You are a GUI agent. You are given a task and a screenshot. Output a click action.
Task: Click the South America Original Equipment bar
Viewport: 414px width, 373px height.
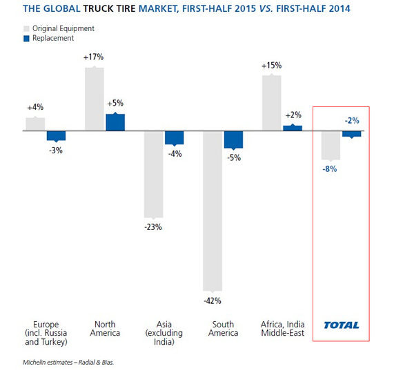click(x=213, y=210)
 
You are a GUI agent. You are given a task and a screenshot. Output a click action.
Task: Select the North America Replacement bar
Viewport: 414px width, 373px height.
click(x=115, y=122)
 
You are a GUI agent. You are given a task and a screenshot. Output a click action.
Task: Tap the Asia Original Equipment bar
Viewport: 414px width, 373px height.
click(x=153, y=173)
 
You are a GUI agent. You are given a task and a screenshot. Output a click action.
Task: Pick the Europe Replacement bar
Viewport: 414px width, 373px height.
click(x=56, y=135)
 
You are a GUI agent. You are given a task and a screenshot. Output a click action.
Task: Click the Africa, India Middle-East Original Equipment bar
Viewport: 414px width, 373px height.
click(x=272, y=102)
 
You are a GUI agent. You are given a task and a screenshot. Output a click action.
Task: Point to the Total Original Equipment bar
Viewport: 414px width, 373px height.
click(x=331, y=145)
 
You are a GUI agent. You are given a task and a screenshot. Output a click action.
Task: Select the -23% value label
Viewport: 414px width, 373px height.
click(x=152, y=227)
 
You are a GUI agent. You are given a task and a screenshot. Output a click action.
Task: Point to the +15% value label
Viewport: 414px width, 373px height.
click(x=271, y=66)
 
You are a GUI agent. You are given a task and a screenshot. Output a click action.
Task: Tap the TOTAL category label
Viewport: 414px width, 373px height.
click(x=342, y=325)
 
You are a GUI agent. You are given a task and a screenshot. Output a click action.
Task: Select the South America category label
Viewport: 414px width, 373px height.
click(x=223, y=329)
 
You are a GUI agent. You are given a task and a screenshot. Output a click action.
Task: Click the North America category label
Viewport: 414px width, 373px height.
click(x=105, y=329)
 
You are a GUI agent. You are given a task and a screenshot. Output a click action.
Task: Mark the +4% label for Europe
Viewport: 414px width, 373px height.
click(x=35, y=108)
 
